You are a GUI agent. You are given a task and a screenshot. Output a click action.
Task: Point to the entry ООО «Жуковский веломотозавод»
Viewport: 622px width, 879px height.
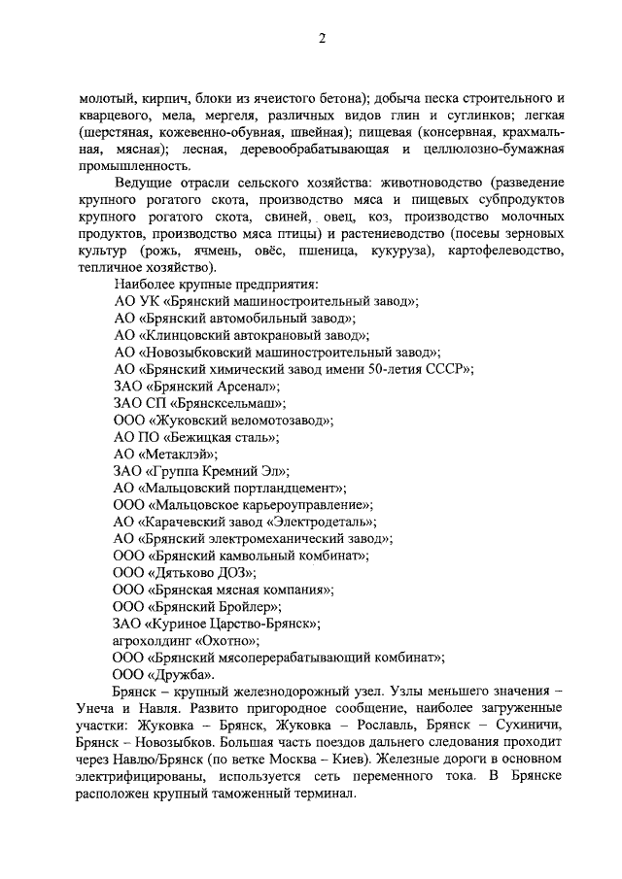(223, 420)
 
